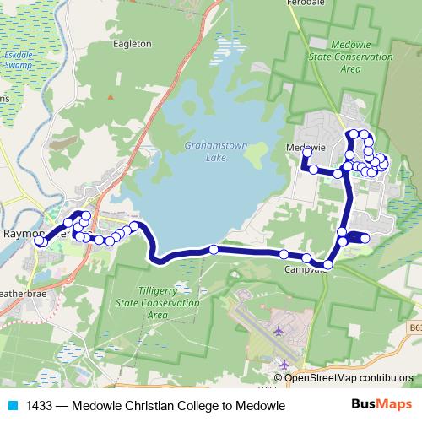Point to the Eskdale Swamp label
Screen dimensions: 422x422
tap(18, 57)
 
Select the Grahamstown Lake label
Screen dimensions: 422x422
tap(216, 151)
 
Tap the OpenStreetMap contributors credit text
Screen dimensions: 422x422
tap(349, 378)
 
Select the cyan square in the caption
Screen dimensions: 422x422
tap(12, 406)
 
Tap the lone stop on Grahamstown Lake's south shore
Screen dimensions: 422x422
tap(214, 249)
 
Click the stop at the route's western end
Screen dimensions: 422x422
tap(39, 241)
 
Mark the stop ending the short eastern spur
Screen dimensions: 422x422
tap(365, 239)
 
